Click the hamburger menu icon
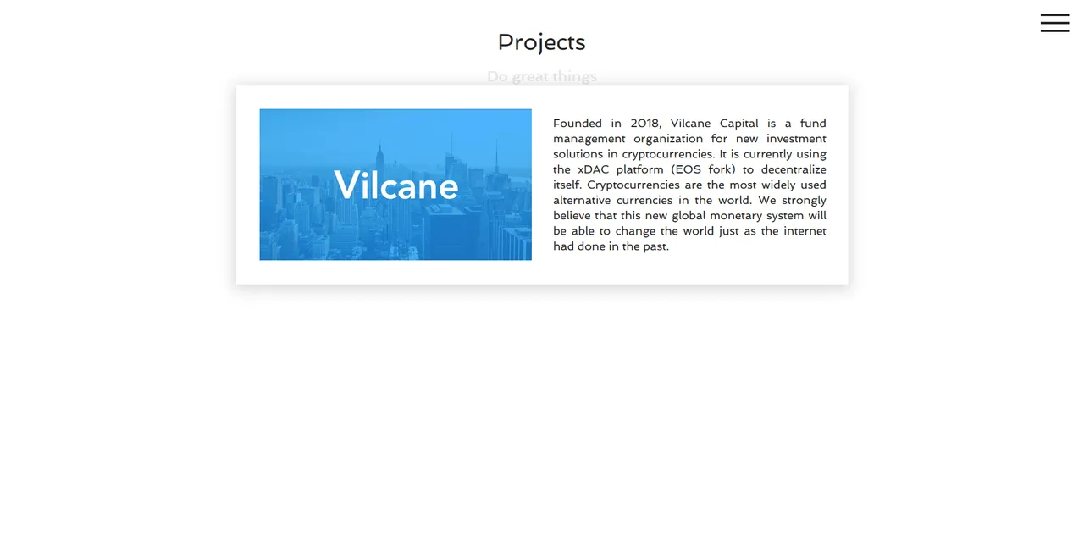pos(1054,23)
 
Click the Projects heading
pos(541,42)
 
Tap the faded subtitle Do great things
pos(542,76)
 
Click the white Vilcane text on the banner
pos(395,185)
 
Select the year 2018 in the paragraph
pos(645,124)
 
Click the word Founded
pos(578,124)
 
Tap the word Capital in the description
pos(738,124)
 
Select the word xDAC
pos(594,169)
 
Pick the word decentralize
pos(794,169)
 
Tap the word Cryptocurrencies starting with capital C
pos(633,185)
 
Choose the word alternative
pos(582,201)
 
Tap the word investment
pos(796,139)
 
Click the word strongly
pos(804,201)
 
